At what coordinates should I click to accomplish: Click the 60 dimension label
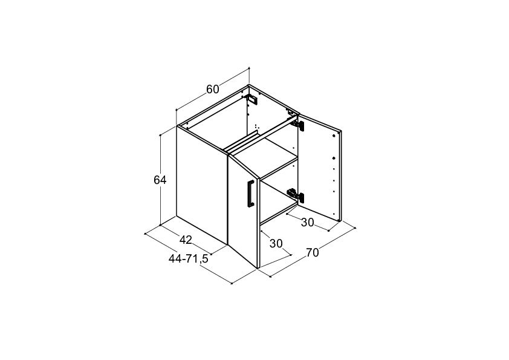click(x=213, y=89)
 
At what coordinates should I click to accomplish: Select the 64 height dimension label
click(x=160, y=180)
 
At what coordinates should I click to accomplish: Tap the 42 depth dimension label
click(x=186, y=240)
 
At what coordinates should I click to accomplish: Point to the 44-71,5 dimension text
click(x=188, y=258)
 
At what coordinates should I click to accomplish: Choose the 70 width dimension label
click(x=313, y=252)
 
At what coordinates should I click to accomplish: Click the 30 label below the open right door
click(x=308, y=223)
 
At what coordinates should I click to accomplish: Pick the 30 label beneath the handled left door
click(x=276, y=243)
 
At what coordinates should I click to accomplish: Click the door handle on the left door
click(x=251, y=193)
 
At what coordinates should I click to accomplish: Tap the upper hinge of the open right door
click(x=297, y=124)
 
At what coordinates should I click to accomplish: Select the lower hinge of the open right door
click(x=296, y=195)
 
